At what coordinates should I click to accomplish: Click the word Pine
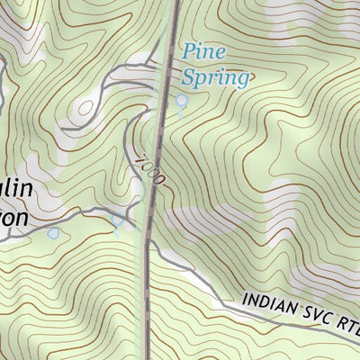tap(203, 52)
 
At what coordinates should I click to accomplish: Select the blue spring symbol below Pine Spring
tap(181, 102)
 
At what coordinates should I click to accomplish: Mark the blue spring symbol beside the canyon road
tap(117, 219)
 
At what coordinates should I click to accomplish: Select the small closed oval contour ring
tap(85, 108)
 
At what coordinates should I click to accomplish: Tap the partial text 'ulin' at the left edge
tap(18, 190)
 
